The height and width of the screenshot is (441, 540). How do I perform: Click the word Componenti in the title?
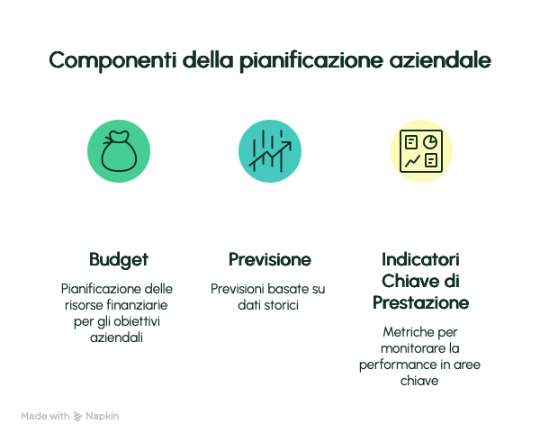pyautogui.click(x=112, y=60)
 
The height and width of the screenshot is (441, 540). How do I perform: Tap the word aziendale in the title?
pyautogui.click(x=440, y=60)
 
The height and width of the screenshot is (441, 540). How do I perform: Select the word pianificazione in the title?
pyautogui.click(x=311, y=60)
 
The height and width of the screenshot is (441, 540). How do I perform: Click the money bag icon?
pyautogui.click(x=119, y=151)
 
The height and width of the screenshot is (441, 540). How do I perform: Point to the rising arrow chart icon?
pyautogui.click(x=270, y=151)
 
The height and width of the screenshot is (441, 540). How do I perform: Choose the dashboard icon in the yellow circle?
pyautogui.click(x=421, y=151)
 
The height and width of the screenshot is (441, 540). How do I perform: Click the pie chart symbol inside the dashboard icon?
pyautogui.click(x=430, y=142)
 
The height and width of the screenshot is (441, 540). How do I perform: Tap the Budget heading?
pyautogui.click(x=119, y=260)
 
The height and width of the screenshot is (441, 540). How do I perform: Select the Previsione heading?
pyautogui.click(x=270, y=259)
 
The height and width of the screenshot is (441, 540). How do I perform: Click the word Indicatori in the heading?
pyautogui.click(x=420, y=259)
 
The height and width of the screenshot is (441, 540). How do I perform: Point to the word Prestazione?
pyautogui.click(x=421, y=302)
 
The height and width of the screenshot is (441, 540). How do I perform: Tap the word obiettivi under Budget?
pyautogui.click(x=137, y=321)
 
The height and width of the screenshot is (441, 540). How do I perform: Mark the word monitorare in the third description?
pyautogui.click(x=409, y=348)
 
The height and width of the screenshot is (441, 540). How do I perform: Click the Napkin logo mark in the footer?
pyautogui.click(x=77, y=417)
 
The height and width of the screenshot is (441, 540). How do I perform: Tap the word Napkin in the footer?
pyautogui.click(x=103, y=416)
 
